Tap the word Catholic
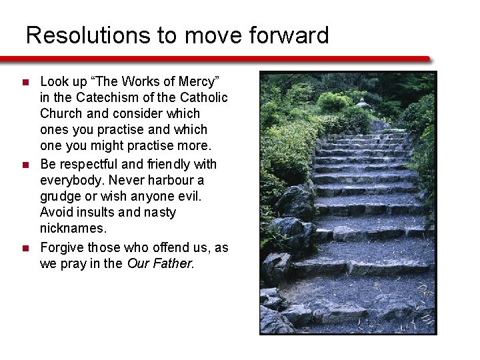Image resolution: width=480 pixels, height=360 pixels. pyautogui.click(x=204, y=97)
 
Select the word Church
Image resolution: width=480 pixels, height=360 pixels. pyautogui.click(x=61, y=113)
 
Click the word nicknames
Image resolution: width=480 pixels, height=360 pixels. pyautogui.click(x=73, y=229)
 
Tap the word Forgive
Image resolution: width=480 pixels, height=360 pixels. pyautogui.click(x=63, y=247)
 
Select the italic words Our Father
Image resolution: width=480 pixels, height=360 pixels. pyautogui.click(x=159, y=263)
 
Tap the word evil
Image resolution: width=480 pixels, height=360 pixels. pyautogui.click(x=189, y=197)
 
